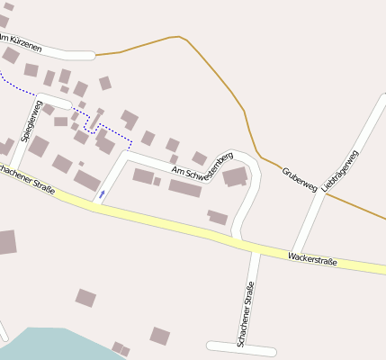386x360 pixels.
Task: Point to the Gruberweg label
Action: coord(299,179)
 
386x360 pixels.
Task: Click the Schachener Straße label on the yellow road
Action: coord(27,180)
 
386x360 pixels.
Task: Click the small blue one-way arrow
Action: coord(103,193)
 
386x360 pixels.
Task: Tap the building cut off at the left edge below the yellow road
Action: coord(6,242)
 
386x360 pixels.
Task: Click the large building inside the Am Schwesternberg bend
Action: coord(235,176)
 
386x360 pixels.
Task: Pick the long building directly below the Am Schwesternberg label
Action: coord(184,188)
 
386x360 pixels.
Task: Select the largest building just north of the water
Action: coord(85,298)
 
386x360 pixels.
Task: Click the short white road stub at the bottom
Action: coord(241,348)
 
